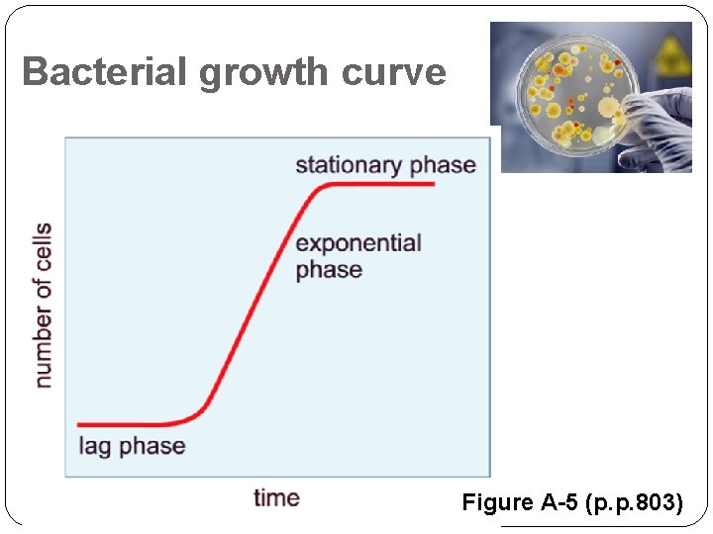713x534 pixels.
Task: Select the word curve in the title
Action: click(394, 73)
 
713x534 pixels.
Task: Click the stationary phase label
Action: click(385, 164)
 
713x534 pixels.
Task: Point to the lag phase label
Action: click(132, 446)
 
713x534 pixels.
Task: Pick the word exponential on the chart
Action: click(358, 243)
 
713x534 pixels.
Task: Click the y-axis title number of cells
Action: click(43, 305)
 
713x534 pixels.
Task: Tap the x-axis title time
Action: click(276, 497)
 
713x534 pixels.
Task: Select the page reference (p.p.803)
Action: click(634, 502)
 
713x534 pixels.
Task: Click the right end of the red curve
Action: click(434, 183)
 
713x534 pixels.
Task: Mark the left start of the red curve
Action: click(79, 424)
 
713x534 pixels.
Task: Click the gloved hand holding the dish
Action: click(659, 124)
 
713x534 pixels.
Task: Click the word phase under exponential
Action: click(329, 270)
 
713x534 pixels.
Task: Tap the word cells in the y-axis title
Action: click(43, 247)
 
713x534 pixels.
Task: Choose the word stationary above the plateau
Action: click(349, 164)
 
